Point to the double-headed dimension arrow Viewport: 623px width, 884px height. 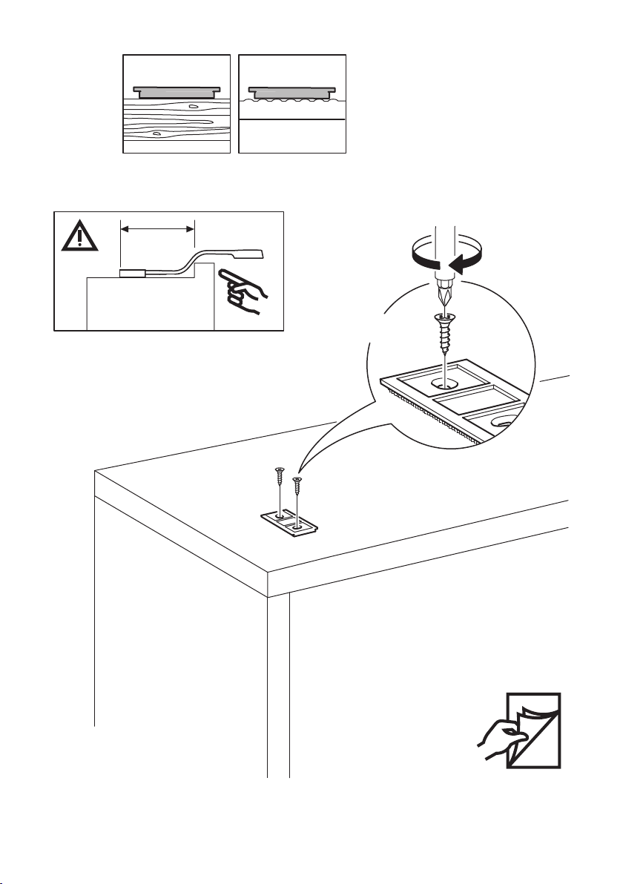click(156, 230)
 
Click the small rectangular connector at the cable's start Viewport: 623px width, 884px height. click(133, 274)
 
